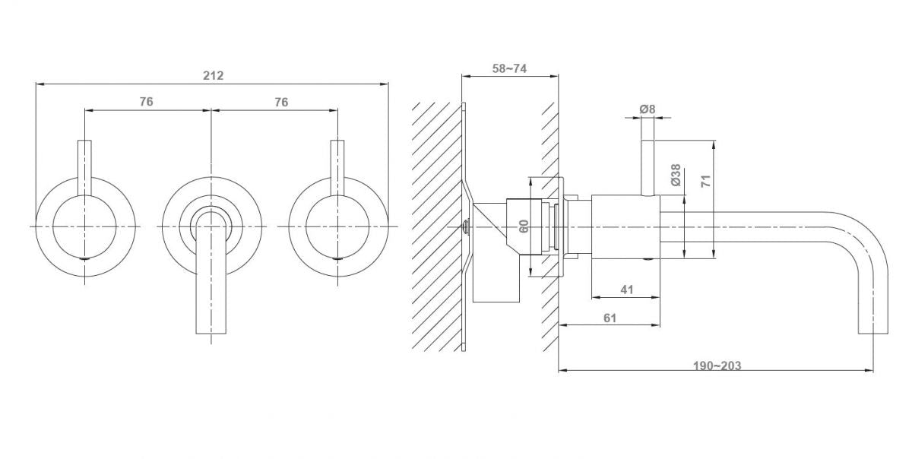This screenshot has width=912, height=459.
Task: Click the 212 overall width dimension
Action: tap(214, 76)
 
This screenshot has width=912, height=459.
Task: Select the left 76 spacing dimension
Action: tap(147, 101)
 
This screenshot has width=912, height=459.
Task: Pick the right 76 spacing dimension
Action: tap(281, 102)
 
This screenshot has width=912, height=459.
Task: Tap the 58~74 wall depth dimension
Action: tap(509, 68)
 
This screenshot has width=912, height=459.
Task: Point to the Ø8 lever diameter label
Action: tap(648, 109)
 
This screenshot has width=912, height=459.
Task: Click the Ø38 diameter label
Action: tap(676, 175)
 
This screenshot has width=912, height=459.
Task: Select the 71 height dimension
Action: tap(706, 181)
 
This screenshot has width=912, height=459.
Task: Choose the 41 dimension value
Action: tap(627, 290)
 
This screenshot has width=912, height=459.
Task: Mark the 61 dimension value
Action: tap(610, 318)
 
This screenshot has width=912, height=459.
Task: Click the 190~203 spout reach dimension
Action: tap(717, 366)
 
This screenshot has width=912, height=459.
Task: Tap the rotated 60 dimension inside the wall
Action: tap(524, 226)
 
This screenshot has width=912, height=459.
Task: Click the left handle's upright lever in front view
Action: tap(84, 168)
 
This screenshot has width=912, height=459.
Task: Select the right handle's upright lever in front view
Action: tap(337, 168)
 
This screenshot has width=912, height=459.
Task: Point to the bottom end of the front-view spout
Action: tap(211, 333)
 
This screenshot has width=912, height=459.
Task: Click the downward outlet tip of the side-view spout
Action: tap(873, 333)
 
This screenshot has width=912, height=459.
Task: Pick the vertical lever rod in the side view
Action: tap(648, 168)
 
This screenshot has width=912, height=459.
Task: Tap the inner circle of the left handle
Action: tap(84, 226)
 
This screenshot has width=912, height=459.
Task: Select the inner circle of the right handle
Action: tap(337, 226)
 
